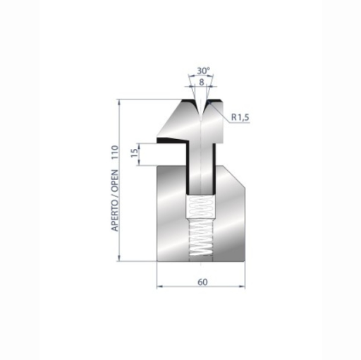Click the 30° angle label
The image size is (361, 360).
tap(204, 71)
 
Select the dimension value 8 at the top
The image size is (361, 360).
tap(204, 83)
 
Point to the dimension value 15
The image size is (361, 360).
tap(133, 154)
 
